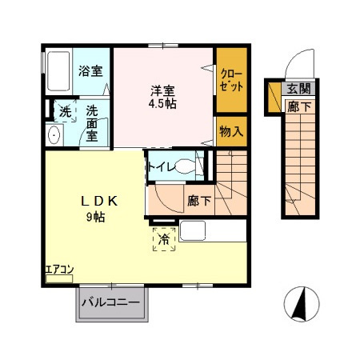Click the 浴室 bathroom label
pos(90,70)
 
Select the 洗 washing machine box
pos(63,110)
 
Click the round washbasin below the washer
pos(55,136)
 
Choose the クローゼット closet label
pos(231,80)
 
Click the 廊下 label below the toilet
pos(199,201)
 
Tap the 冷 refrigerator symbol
pos(164,238)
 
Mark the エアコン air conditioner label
pos(58,269)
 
